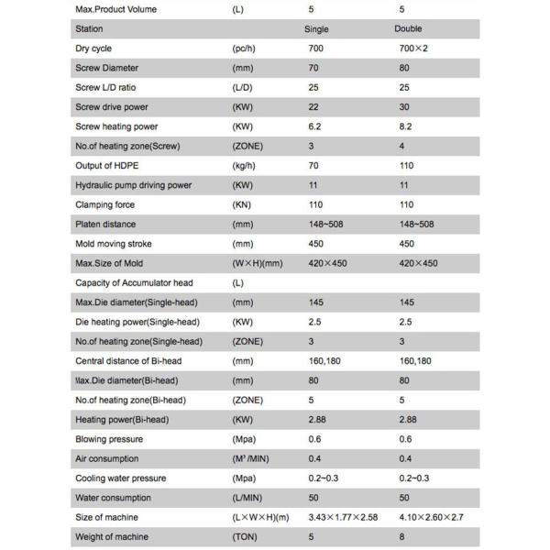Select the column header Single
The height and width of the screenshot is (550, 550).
(x=315, y=29)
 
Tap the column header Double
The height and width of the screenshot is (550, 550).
(x=407, y=29)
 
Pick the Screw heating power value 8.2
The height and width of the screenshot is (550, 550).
(x=407, y=126)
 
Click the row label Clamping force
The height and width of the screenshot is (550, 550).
(x=107, y=204)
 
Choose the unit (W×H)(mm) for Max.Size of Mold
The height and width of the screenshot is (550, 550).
(x=258, y=263)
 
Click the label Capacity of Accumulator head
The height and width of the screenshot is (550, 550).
(x=132, y=282)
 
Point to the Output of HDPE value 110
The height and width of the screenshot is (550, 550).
(x=407, y=166)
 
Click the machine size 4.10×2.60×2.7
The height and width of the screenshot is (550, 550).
(x=430, y=517)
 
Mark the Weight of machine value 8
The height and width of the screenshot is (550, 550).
(x=401, y=536)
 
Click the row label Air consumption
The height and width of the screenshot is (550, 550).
(x=107, y=458)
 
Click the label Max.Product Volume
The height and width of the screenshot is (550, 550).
(x=115, y=9)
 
